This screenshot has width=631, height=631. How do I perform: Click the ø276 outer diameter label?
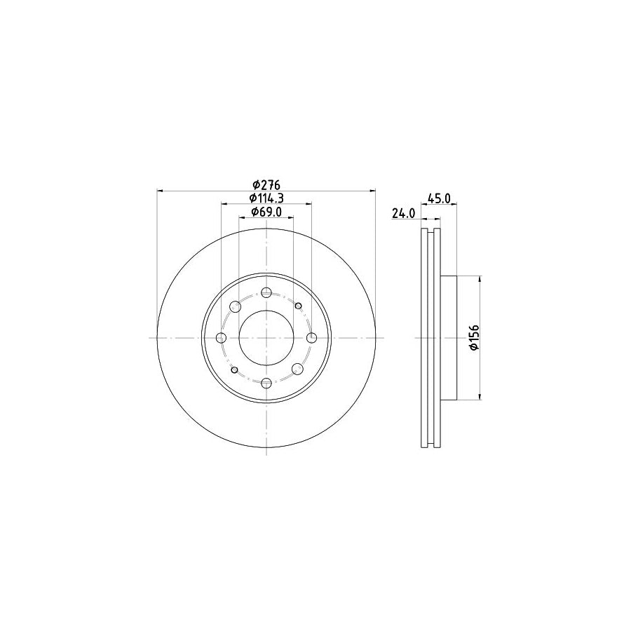pyautogui.click(x=266, y=184)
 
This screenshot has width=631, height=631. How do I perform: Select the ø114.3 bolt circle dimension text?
pyautogui.click(x=266, y=198)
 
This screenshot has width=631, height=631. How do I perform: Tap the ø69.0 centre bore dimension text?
pyautogui.click(x=266, y=212)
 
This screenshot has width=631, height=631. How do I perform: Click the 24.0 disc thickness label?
pyautogui.click(x=404, y=213)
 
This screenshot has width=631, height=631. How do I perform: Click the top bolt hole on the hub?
pyautogui.click(x=266, y=293)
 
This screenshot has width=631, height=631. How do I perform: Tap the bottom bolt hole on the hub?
pyautogui.click(x=266, y=383)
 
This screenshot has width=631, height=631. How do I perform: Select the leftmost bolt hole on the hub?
pyautogui.click(x=222, y=338)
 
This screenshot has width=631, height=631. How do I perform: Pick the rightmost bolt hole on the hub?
pyautogui.click(x=311, y=338)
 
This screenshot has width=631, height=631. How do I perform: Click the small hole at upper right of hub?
pyautogui.click(x=299, y=306)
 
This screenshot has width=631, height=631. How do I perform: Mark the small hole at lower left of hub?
pyautogui.click(x=234, y=369)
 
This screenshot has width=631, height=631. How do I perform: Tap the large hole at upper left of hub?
pyautogui.click(x=235, y=306)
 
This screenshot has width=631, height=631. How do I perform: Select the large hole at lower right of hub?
pyautogui.click(x=298, y=369)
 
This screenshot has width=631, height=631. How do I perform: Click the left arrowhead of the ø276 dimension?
pyautogui.click(x=161, y=190)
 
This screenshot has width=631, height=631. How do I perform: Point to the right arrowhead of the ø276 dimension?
pyautogui.click(x=372, y=190)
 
